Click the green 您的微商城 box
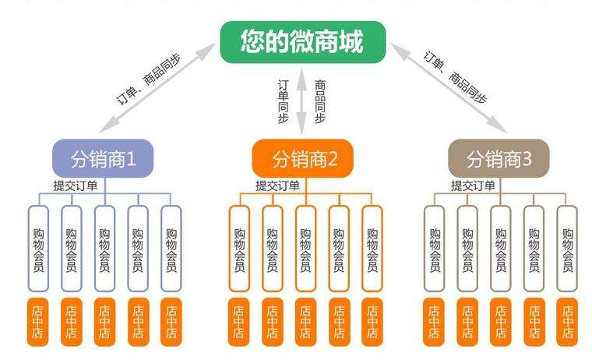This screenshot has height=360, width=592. pyautogui.click(x=302, y=41)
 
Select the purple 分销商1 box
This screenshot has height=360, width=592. pyautogui.click(x=103, y=159)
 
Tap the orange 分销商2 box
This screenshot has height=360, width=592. pyautogui.click(x=302, y=159)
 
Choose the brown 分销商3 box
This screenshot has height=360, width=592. pyautogui.click(x=499, y=159)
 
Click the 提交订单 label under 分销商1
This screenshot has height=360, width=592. pyautogui.click(x=76, y=186)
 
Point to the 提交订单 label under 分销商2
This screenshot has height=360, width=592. pyautogui.click(x=277, y=186)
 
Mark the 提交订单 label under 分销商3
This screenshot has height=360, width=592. pyautogui.click(x=473, y=186)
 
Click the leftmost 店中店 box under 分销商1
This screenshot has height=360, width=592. pyautogui.click(x=39, y=322)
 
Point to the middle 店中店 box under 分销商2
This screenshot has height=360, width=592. pyautogui.click(x=306, y=322)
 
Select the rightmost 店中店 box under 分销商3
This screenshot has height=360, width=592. pyautogui.click(x=567, y=322)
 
